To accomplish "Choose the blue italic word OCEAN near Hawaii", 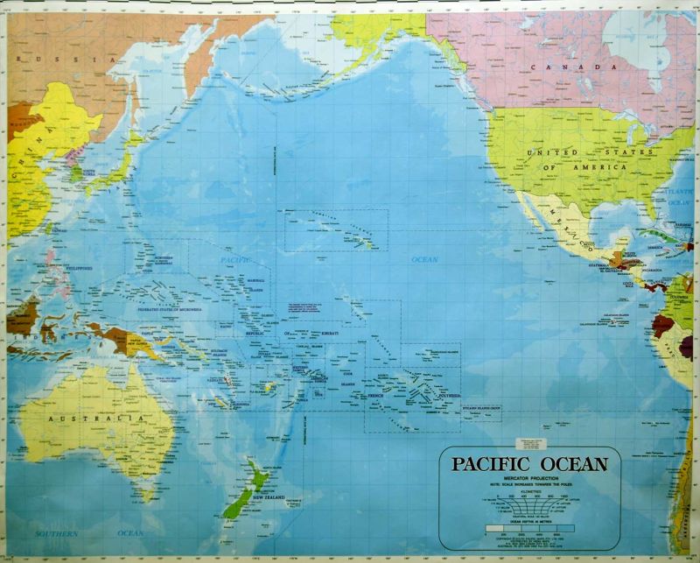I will tap(424, 260).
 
